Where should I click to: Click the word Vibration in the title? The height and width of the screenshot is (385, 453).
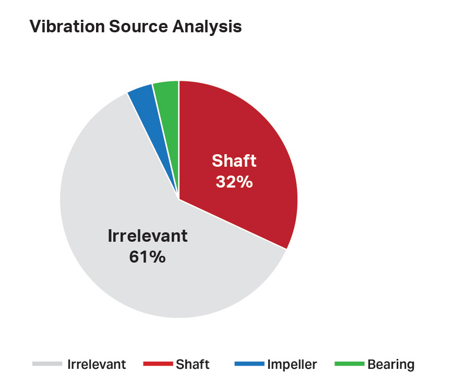coord(67,26)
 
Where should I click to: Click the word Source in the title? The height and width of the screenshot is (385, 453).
coord(138,26)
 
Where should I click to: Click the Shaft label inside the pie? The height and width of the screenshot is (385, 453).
coord(234,160)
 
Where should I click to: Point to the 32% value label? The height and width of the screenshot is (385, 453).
coord(234,182)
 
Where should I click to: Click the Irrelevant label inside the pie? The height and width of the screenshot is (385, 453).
coord(148,235)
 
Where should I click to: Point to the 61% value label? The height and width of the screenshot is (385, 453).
coord(147,257)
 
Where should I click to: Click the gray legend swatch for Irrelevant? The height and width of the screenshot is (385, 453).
coord(47,364)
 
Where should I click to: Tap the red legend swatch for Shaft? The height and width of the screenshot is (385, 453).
coord(158,364)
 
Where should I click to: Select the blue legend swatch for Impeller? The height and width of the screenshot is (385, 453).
coord(249,364)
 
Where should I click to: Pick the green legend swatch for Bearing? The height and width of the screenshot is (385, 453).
coord(349,364)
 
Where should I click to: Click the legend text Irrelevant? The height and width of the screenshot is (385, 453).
coord(97,365)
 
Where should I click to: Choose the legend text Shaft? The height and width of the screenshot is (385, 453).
coord(193,365)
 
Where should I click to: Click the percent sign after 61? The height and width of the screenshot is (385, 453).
coord(158,257)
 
